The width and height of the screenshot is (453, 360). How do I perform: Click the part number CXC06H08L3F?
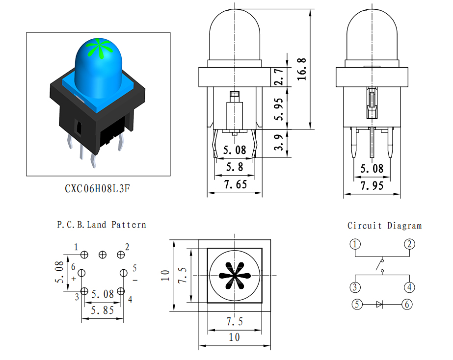(97, 188)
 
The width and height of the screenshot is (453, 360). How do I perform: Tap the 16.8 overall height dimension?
(302, 69)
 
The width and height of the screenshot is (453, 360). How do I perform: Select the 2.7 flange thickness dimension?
(278, 77)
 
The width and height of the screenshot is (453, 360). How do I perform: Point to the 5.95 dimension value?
(278, 109)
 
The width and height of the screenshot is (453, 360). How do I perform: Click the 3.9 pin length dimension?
(278, 142)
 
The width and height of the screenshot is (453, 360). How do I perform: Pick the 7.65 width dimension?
(236, 184)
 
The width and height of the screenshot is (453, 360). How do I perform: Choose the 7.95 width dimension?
(372, 185)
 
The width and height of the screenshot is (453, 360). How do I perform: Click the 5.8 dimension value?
(235, 167)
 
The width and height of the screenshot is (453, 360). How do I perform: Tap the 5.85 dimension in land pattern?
(102, 310)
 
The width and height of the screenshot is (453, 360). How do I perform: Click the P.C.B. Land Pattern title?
(102, 225)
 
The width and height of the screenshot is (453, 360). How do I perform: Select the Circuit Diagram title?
(384, 226)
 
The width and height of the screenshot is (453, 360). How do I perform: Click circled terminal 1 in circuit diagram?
(355, 244)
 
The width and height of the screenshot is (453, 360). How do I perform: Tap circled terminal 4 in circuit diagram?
(409, 287)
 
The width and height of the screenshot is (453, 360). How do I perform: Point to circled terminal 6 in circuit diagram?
(407, 304)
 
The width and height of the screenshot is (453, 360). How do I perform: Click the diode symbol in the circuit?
(379, 304)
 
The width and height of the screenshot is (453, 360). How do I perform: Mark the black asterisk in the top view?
(235, 276)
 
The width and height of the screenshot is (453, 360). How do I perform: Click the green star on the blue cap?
(101, 48)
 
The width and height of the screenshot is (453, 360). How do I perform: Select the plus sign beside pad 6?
(74, 279)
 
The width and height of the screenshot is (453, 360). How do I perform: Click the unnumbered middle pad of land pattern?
(103, 255)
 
